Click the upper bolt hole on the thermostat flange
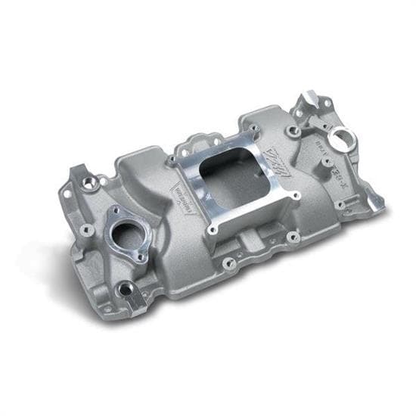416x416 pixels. [115, 212]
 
